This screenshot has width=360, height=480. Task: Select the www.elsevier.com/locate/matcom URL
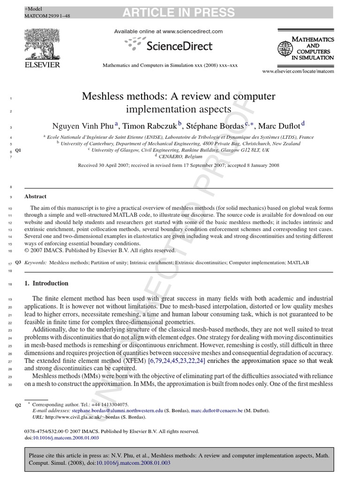(x=298, y=71)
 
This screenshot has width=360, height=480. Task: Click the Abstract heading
(x=36, y=197)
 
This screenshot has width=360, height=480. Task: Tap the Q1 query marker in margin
(x=18, y=150)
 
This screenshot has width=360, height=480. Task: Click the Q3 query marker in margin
(x=18, y=263)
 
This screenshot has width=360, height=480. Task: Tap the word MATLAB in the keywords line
(x=298, y=263)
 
